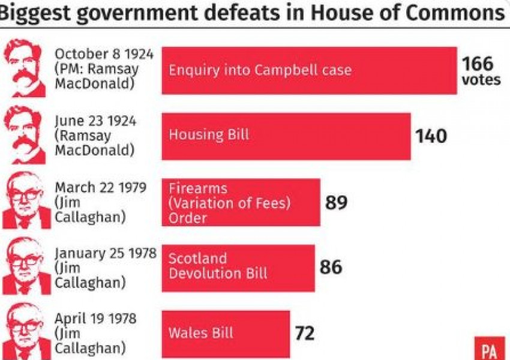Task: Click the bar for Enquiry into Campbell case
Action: click(309, 70)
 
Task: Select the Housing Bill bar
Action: click(286, 136)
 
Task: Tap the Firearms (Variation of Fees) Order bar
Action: click(241, 202)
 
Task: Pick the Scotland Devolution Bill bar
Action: click(238, 267)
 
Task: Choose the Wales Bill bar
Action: click(226, 333)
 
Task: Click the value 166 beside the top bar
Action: click(478, 64)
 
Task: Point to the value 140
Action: click(431, 136)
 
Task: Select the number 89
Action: click(337, 202)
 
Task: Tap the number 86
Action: click(331, 267)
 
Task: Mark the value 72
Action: click(305, 333)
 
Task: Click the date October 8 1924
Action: click(104, 54)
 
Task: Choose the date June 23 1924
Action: click(95, 121)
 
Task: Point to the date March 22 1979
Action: click(100, 187)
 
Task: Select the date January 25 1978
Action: click(105, 253)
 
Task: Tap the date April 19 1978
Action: click(95, 318)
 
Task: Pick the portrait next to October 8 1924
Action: click(25, 69)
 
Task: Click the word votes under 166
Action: click(481, 80)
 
